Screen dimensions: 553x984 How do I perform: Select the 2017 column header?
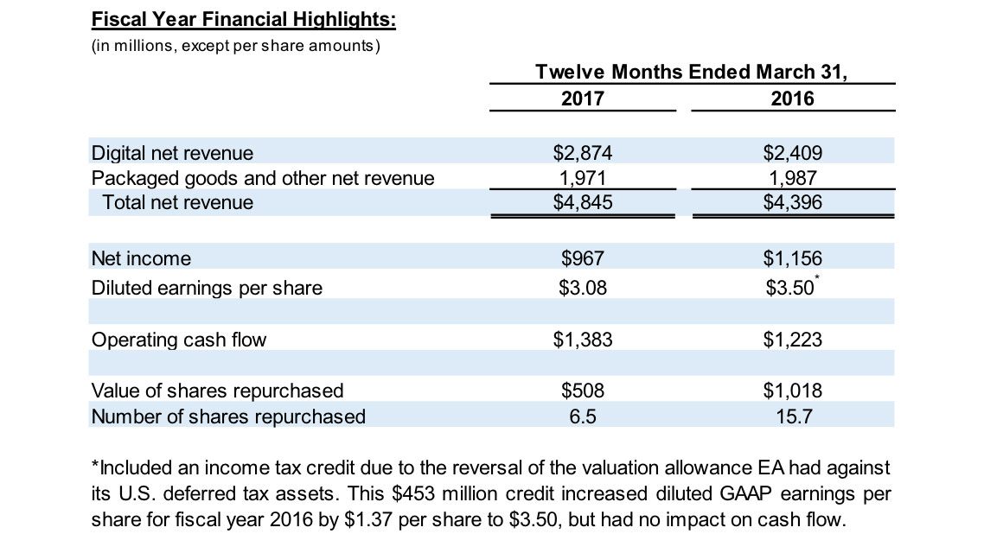tap(582, 99)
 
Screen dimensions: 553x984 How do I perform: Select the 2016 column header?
tap(792, 99)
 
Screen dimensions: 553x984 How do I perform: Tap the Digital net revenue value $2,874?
tap(582, 154)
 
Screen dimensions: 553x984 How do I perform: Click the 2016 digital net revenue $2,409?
tap(792, 154)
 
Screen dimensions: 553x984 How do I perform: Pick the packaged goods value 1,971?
tap(582, 178)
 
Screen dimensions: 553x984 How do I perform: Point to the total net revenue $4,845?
tap(582, 203)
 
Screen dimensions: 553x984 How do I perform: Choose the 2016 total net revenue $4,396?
tap(792, 203)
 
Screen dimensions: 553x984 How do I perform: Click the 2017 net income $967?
tap(582, 258)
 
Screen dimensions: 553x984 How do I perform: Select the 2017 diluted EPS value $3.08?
tap(582, 288)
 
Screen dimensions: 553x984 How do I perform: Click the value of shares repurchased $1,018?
tap(792, 391)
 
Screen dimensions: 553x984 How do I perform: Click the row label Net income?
tap(141, 258)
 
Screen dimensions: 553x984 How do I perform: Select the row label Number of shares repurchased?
tap(228, 416)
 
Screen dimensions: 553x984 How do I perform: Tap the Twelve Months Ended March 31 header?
tap(692, 72)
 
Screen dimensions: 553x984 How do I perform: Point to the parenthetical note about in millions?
tap(235, 45)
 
